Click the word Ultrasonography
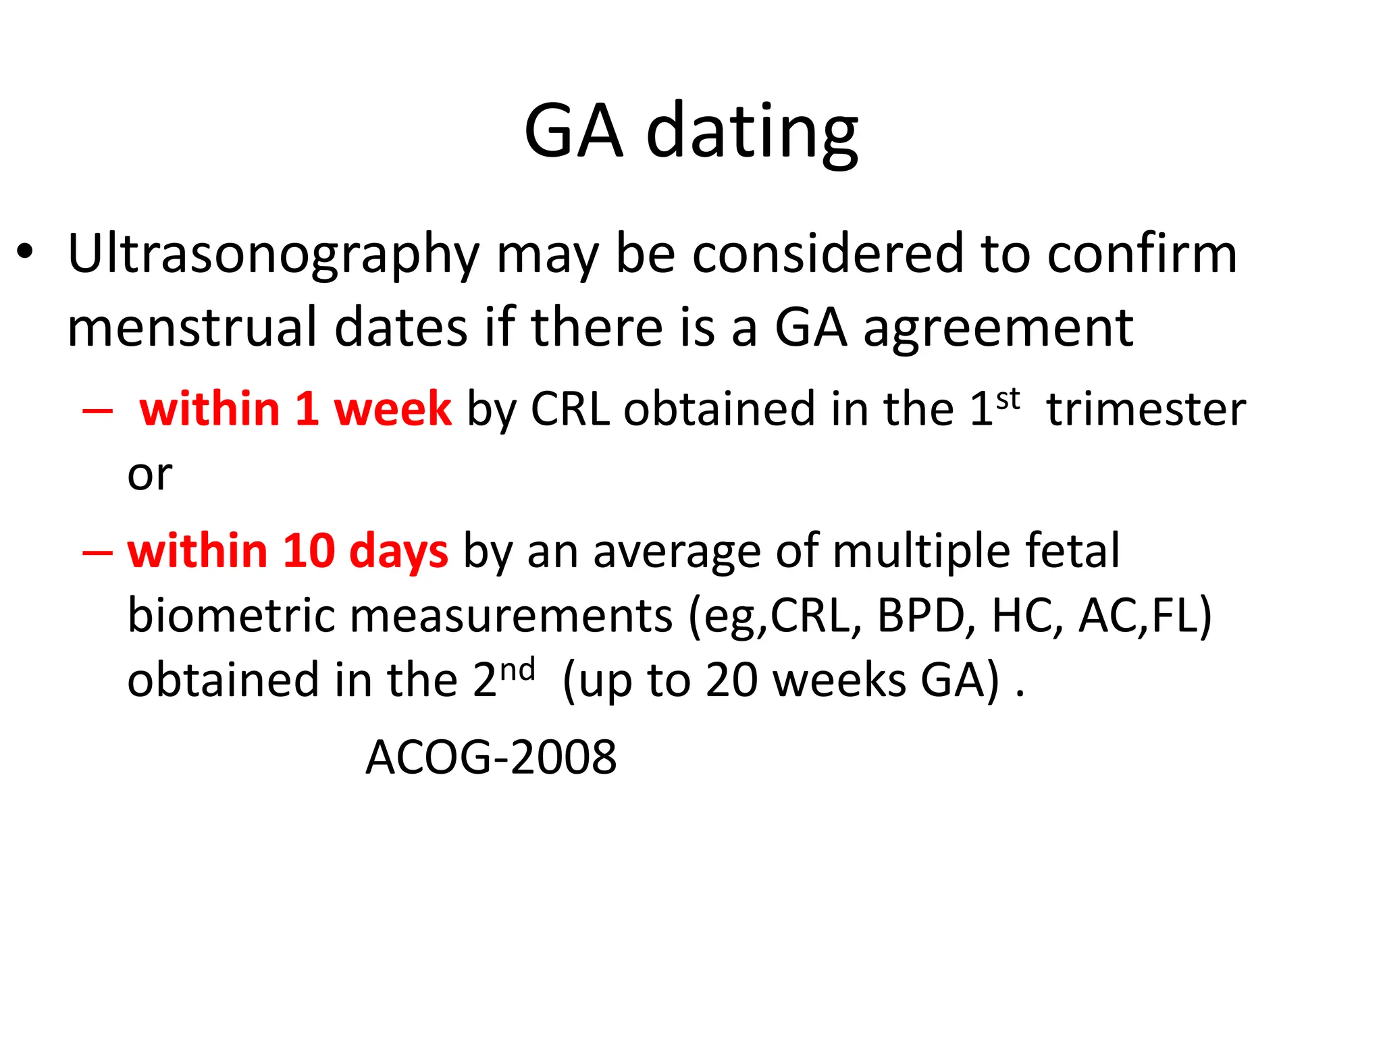click(x=273, y=255)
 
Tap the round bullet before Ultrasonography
click(x=25, y=252)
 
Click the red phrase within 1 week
click(x=295, y=409)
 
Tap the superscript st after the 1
click(x=1008, y=398)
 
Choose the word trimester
click(x=1145, y=409)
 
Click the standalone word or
click(x=149, y=475)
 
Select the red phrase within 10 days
click(x=288, y=551)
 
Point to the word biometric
click(x=230, y=616)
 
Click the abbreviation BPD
click(x=920, y=616)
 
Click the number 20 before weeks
click(x=732, y=680)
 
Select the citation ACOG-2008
click(x=491, y=757)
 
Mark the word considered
click(x=828, y=254)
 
